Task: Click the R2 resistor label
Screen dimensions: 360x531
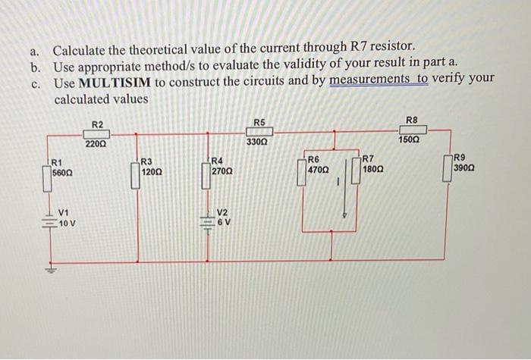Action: [x=98, y=124]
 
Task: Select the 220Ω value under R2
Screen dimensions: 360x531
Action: [x=96, y=143]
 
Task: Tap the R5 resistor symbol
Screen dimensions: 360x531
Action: [x=259, y=132]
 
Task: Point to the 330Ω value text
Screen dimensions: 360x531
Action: [x=259, y=142]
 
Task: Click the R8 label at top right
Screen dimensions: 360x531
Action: [x=412, y=120]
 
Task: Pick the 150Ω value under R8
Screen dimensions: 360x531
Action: [x=409, y=140]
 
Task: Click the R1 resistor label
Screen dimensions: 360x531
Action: [x=56, y=161]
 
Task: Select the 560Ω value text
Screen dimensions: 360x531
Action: [x=61, y=172]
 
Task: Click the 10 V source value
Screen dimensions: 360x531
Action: [x=67, y=224]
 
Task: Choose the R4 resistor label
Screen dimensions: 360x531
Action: [x=217, y=161]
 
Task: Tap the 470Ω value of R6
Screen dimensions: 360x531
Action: [x=319, y=171]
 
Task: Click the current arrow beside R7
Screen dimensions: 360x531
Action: [x=345, y=189]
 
